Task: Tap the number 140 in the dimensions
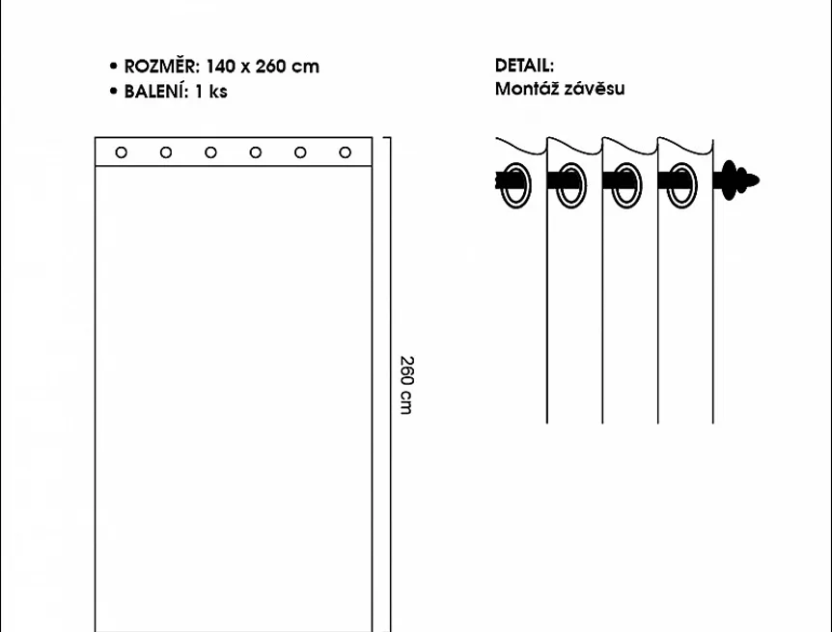220,67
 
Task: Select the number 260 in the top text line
270,67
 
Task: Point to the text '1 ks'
211,92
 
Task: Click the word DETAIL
524,66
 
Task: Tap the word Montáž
526,88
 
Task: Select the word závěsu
595,88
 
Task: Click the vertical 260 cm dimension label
406,385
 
